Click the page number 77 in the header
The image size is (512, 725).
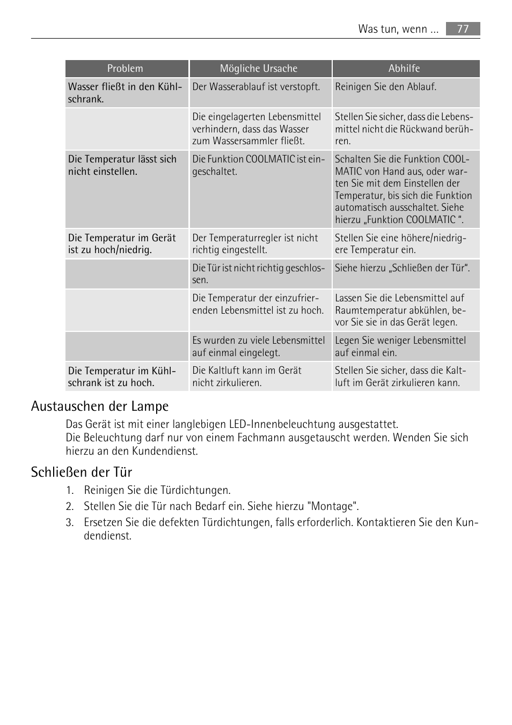pyautogui.click(x=463, y=29)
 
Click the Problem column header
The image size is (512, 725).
pyautogui.click(x=125, y=69)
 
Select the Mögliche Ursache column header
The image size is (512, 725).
pyautogui.click(x=259, y=69)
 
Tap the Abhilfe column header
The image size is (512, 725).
pyautogui.click(x=404, y=69)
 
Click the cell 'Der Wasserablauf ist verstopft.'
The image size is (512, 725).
pyautogui.click(x=256, y=87)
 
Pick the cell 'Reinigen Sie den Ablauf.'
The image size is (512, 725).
pyautogui.click(x=385, y=87)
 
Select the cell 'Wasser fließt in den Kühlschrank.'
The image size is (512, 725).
pyautogui.click(x=125, y=93)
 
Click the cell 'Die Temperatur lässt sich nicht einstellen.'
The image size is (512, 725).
pyautogui.click(x=122, y=165)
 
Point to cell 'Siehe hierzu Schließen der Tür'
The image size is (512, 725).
pyautogui.click(x=402, y=268)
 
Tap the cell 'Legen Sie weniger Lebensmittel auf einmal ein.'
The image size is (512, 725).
pyautogui.click(x=400, y=346)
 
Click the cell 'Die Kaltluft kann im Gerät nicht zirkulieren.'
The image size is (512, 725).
pyautogui.click(x=247, y=376)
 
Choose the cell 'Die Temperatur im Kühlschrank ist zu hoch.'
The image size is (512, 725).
pyautogui.click(x=122, y=376)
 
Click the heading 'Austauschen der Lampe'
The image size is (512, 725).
pyautogui.click(x=100, y=406)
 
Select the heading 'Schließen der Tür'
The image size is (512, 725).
pyautogui.click(x=82, y=472)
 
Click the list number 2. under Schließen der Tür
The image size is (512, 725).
pyautogui.click(x=69, y=506)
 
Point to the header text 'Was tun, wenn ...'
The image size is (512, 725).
pyautogui.click(x=398, y=29)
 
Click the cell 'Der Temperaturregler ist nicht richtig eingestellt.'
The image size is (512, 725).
pyautogui.click(x=255, y=244)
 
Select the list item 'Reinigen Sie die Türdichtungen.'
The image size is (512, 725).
pyautogui.click(x=157, y=490)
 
